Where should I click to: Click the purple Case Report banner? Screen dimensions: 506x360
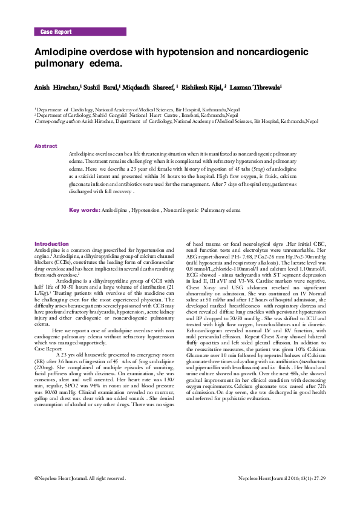pos(80,31)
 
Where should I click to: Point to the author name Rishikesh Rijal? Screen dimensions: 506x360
pos(202,88)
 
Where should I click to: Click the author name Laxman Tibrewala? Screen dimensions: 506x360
pos(255,88)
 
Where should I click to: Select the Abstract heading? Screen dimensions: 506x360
pos(46,146)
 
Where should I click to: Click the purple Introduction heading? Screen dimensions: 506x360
pos(52,244)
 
